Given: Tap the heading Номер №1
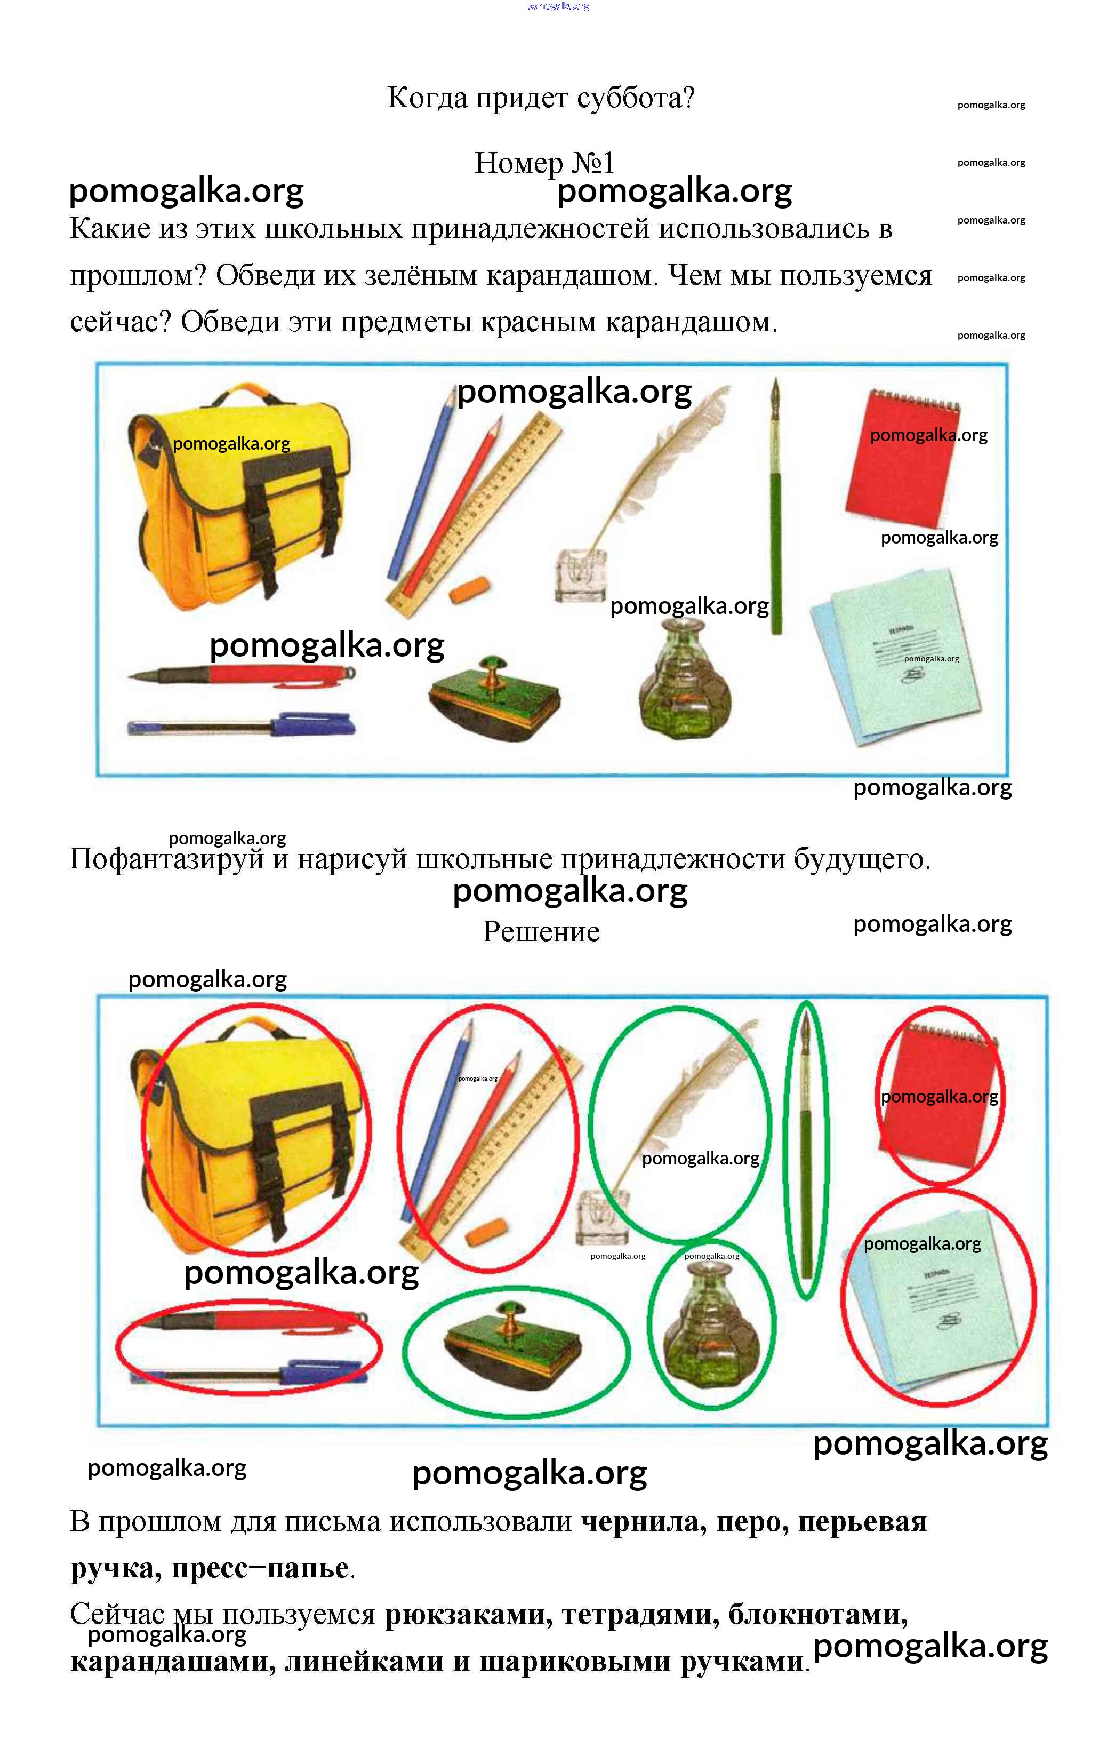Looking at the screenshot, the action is pyautogui.click(x=544, y=163).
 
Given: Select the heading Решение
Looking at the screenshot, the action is pyautogui.click(x=541, y=932).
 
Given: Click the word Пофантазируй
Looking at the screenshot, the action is pyautogui.click(x=166, y=859).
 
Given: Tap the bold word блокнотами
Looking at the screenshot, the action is pyautogui.click(x=818, y=1615).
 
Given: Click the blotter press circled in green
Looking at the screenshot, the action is pyautogui.click(x=513, y=1345).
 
